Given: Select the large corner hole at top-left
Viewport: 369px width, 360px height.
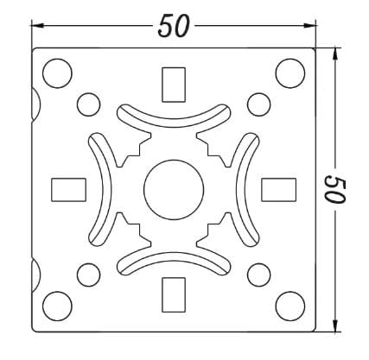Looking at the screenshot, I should pos(57,71).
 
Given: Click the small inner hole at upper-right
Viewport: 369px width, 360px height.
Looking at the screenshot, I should pos(257,104).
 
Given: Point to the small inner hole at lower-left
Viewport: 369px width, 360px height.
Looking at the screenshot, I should pos(88,275).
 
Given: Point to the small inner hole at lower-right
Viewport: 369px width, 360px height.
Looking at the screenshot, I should pos(257,275).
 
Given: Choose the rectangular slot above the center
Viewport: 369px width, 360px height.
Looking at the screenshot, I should pos(173,83).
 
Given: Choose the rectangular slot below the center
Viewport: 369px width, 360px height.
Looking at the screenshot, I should pos(173,294).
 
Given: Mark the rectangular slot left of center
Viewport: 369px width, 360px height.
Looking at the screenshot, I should pos(68,188).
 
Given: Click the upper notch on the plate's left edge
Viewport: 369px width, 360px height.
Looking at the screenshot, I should pos(35,104).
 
